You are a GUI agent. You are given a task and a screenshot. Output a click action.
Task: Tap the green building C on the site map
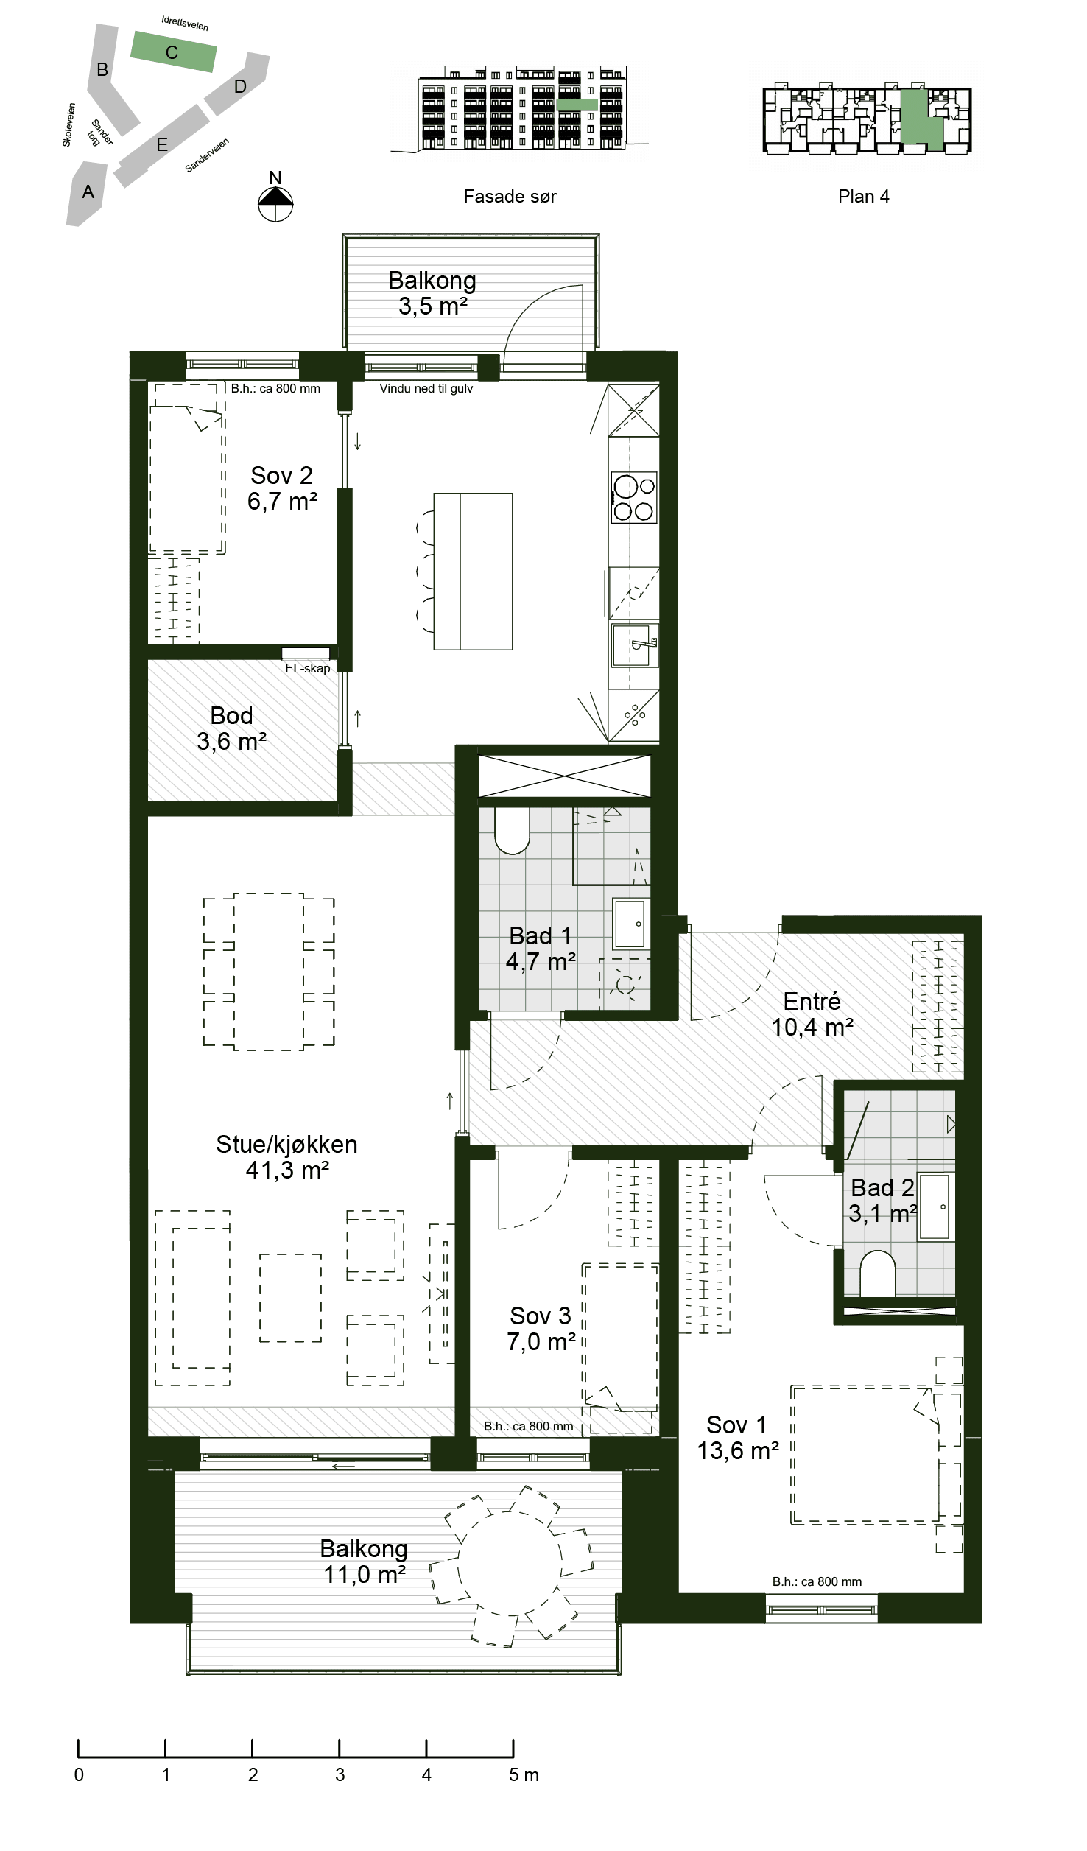tap(174, 52)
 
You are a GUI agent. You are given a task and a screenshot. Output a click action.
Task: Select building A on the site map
tap(87, 194)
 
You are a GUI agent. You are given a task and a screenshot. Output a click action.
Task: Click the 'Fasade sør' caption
tap(510, 197)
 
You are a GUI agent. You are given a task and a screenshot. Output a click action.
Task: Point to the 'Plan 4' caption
tap(863, 197)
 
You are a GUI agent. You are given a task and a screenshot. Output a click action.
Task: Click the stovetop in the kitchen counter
tap(633, 498)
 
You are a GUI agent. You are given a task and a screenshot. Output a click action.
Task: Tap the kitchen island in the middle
tap(473, 572)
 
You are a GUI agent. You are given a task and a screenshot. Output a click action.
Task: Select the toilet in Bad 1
tap(512, 831)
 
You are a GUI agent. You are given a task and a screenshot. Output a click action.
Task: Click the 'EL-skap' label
tap(308, 668)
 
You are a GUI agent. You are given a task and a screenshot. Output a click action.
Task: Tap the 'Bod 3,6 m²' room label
tap(231, 728)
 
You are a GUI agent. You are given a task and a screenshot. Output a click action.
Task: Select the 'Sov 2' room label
tap(281, 475)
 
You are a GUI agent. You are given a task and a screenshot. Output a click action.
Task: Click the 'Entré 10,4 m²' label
tap(812, 1014)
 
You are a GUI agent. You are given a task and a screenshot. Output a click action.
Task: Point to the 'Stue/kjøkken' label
tap(286, 1144)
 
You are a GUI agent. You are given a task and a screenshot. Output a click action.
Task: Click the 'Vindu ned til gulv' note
tap(426, 388)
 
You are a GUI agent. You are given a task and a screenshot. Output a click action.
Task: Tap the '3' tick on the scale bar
tap(340, 1774)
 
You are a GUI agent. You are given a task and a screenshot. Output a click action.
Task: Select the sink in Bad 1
tap(630, 923)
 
